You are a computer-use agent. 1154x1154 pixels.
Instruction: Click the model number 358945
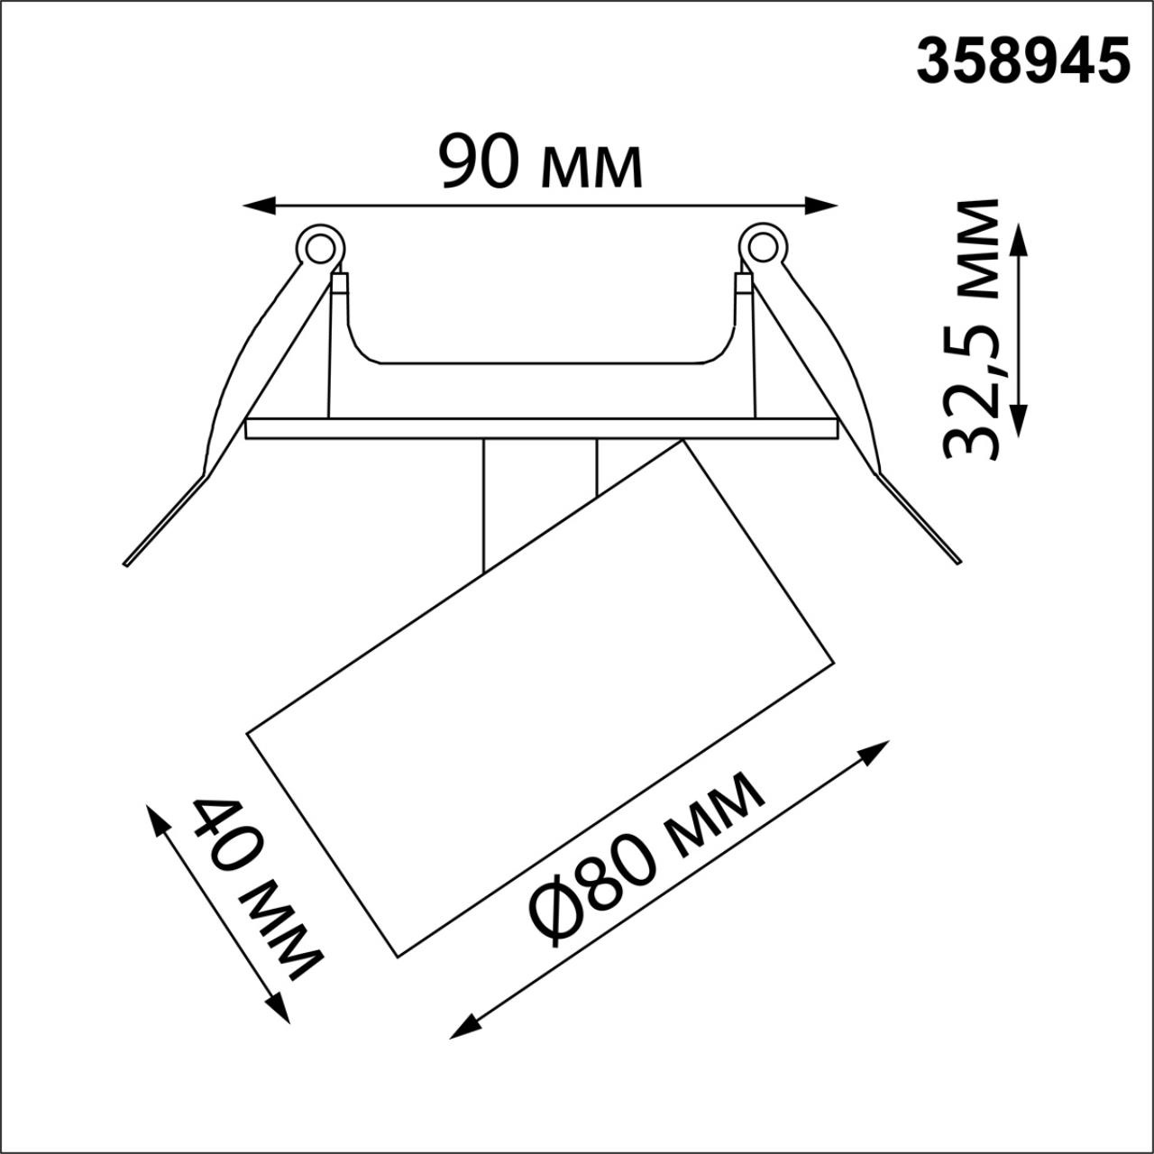[x=1023, y=62]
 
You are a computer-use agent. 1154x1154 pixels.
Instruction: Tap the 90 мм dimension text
[x=541, y=163]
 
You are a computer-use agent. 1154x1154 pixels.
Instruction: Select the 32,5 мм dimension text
[x=972, y=329]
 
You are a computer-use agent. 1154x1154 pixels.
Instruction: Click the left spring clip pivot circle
[x=319, y=246]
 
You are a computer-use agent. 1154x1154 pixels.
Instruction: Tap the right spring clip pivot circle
[x=760, y=245]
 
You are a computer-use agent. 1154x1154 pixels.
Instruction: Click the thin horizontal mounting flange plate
[x=541, y=429]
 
